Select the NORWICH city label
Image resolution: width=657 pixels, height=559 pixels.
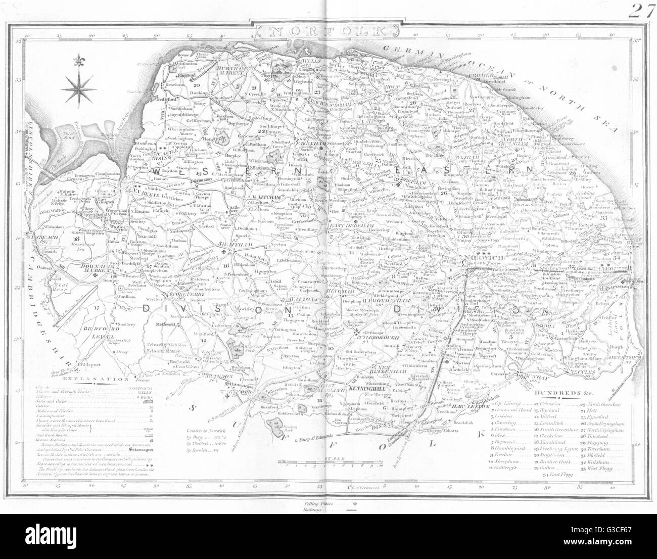[x=477, y=258]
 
